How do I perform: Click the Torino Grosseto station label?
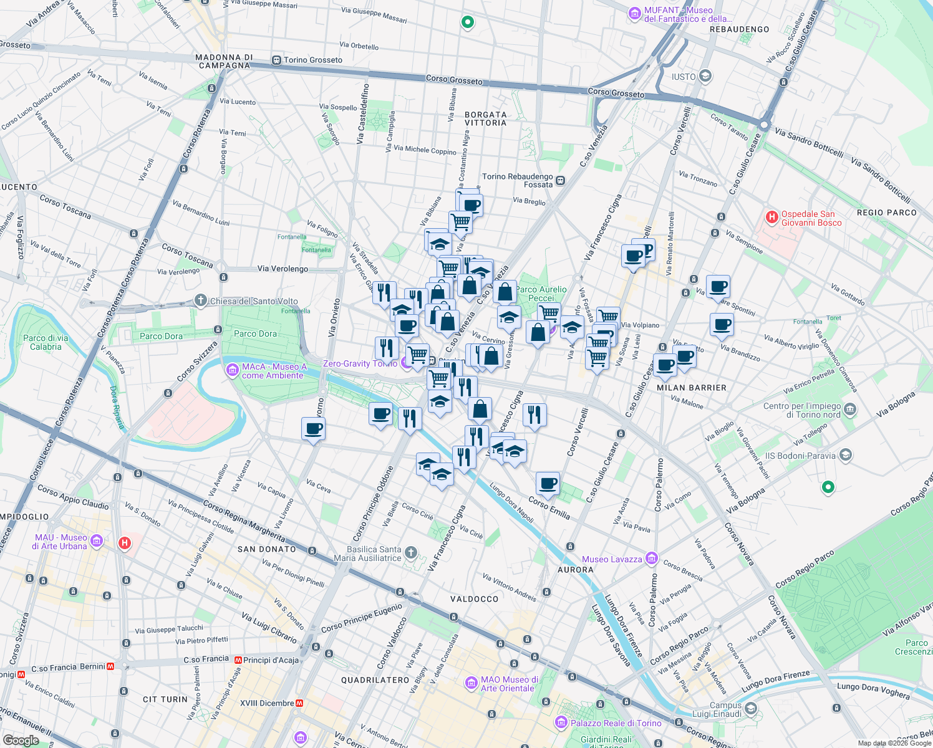(313, 60)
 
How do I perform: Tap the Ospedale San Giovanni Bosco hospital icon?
(771, 218)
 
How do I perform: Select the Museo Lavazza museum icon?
(652, 558)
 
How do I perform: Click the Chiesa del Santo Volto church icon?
(200, 300)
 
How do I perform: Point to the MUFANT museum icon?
(635, 13)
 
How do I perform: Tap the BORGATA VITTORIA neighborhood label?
(486, 118)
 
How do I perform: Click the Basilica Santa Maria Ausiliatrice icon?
(410, 552)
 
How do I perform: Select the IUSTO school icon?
(705, 76)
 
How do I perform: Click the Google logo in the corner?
(21, 740)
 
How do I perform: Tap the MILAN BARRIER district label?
(692, 388)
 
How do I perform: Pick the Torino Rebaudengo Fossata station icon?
(561, 181)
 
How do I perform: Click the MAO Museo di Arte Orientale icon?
(471, 683)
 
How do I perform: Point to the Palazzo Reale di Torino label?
(616, 723)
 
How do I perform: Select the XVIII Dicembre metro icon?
(299, 703)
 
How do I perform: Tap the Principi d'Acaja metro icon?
(238, 659)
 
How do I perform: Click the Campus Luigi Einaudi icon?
(750, 709)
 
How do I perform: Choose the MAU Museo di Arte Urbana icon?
(97, 540)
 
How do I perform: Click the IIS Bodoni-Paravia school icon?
(845, 455)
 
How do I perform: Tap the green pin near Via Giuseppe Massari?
(467, 22)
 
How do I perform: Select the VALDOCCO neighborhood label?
(475, 599)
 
